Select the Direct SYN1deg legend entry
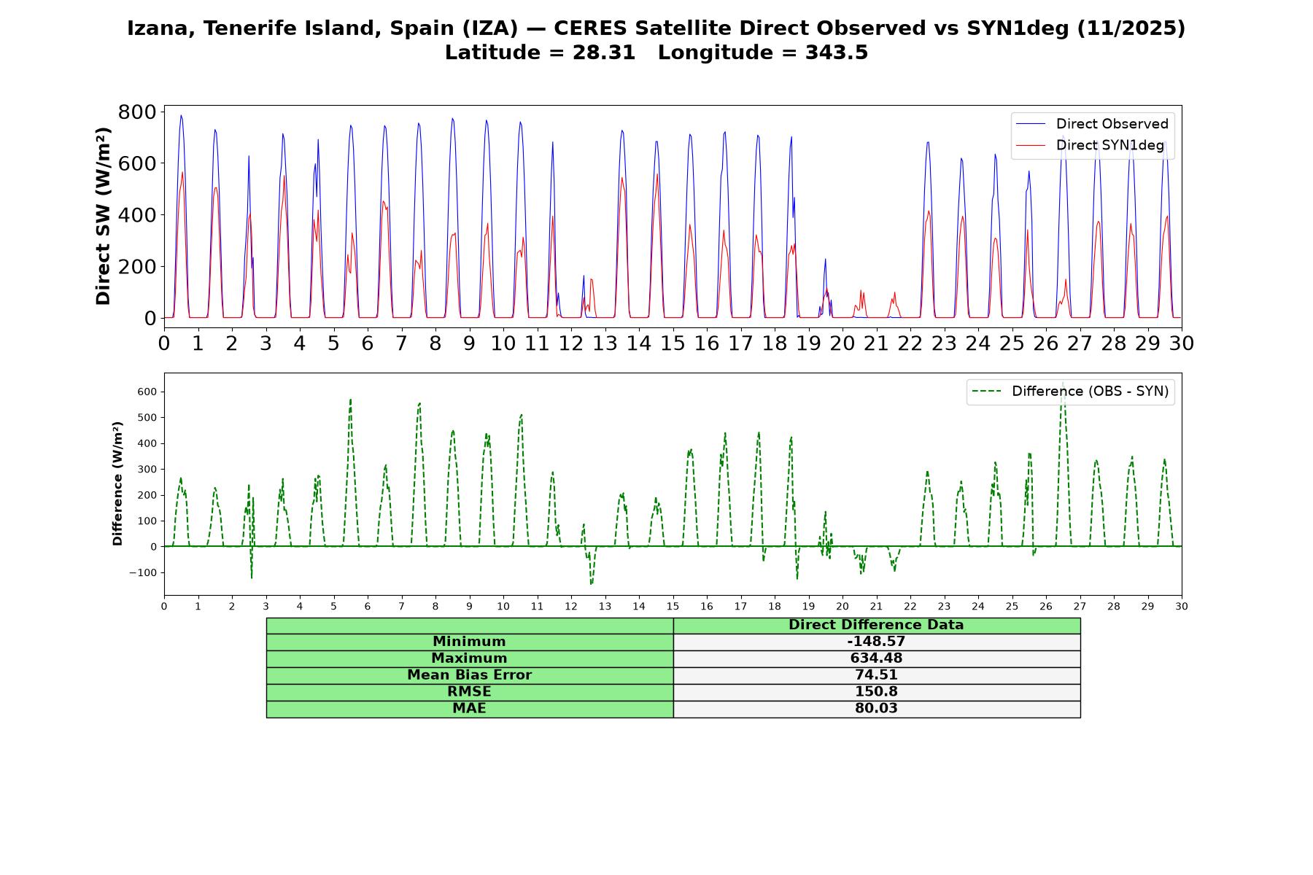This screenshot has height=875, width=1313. (x=1091, y=145)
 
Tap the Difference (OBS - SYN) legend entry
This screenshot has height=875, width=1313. (x=1070, y=392)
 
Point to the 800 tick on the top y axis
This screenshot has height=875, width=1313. (x=137, y=112)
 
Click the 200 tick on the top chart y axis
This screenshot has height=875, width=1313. (x=137, y=266)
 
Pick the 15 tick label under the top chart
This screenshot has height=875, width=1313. (x=673, y=343)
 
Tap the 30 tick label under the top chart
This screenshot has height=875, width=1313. (x=1182, y=343)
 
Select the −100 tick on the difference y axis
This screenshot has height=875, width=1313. (x=143, y=572)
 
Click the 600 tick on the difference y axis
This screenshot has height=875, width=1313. (x=147, y=392)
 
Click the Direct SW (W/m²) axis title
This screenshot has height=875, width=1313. (x=104, y=216)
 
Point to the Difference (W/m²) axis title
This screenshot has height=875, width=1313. (x=117, y=483)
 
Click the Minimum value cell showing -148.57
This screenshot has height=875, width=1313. (x=876, y=642)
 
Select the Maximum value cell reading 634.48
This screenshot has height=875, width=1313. (x=876, y=658)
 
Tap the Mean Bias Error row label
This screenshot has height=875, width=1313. (x=469, y=675)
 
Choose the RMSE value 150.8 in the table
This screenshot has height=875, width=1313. (x=876, y=692)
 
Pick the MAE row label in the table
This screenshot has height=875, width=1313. (x=469, y=709)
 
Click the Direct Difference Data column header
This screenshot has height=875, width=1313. (x=876, y=625)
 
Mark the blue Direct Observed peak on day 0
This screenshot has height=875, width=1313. (x=181, y=115)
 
